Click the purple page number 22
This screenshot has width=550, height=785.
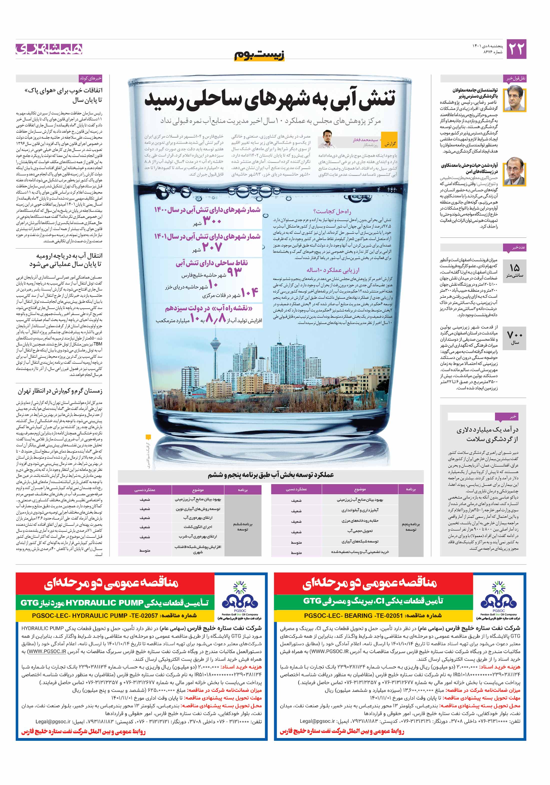[516, 49]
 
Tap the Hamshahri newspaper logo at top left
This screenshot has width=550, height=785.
[49, 49]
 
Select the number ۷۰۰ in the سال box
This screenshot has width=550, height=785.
[514, 334]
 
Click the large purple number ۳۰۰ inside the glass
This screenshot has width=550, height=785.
[212, 221]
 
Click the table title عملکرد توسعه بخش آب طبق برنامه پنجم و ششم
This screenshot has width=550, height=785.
[270, 475]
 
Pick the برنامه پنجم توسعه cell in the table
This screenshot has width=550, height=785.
[411, 526]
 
